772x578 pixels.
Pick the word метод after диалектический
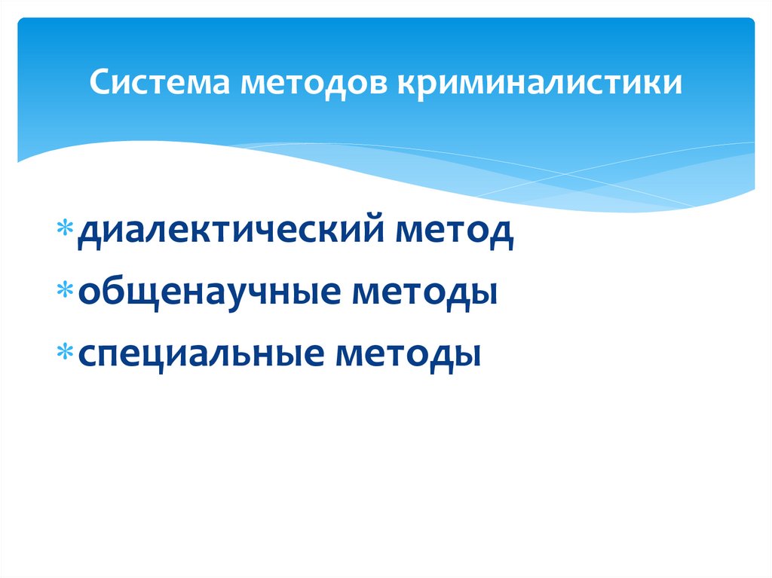coord(459,231)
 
